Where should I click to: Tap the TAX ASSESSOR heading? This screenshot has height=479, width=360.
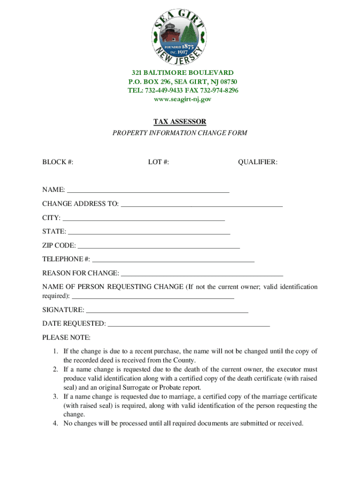pos(180,122)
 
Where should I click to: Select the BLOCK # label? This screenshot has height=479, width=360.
pos(58,162)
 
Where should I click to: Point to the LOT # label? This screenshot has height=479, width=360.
pos(158,162)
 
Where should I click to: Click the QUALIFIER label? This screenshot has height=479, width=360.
pos(258,162)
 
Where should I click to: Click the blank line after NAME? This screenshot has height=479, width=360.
pos(148,191)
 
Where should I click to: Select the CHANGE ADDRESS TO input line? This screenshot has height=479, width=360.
pos(202,205)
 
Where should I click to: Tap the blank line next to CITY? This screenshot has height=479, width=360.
pos(144,219)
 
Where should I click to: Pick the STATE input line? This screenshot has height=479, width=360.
pos(149,232)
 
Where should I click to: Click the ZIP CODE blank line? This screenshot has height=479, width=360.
pos(158,247)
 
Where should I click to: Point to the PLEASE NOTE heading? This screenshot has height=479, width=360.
pos(66,337)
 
